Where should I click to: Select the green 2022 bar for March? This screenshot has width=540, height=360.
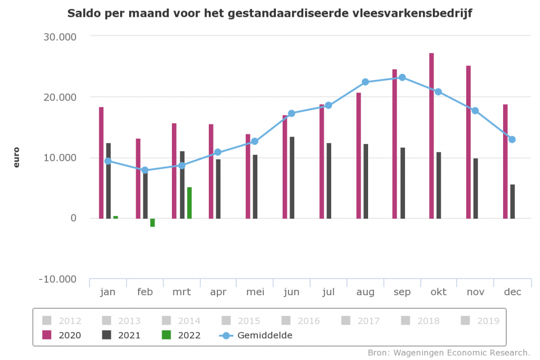(x=189, y=202)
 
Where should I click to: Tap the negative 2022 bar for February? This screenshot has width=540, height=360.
(x=152, y=222)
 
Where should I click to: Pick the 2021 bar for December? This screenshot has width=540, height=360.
(x=513, y=201)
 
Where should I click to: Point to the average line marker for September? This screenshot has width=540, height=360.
(x=402, y=77)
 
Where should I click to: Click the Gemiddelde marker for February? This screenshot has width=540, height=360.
(x=145, y=170)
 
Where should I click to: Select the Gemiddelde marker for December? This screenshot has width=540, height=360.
(x=512, y=140)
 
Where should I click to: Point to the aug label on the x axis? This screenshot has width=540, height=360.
(x=365, y=292)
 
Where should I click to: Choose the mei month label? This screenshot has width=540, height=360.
(x=255, y=292)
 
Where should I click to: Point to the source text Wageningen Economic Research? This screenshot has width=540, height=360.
(x=449, y=352)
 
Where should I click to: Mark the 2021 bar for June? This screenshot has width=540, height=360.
(x=292, y=178)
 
